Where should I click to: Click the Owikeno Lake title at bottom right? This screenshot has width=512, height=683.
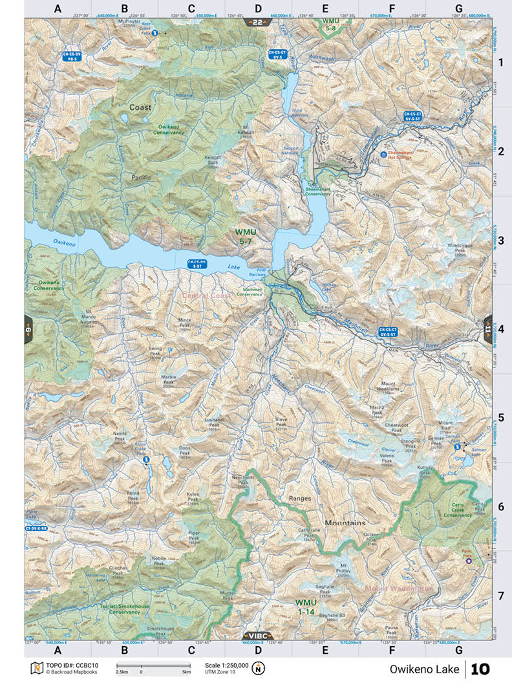click(x=424, y=669)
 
